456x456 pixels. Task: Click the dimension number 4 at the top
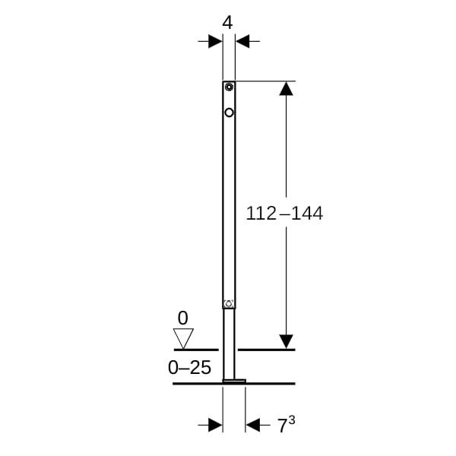point(227,23)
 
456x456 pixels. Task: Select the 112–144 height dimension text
point(284,213)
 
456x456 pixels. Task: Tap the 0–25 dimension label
point(189,367)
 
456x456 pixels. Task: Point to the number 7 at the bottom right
point(282,426)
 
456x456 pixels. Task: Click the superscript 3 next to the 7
point(292,420)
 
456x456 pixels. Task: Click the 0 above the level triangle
point(182,318)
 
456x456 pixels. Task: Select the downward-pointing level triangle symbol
point(183,338)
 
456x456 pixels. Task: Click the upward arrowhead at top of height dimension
point(287,89)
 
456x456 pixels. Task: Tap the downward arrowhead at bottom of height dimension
point(287,342)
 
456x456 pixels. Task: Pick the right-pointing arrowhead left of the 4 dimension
point(216,41)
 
